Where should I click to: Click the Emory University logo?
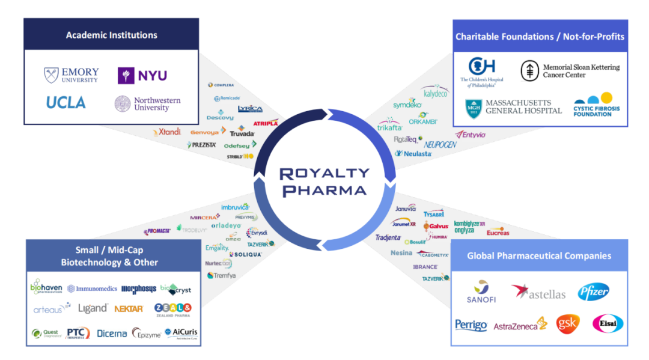[x=71, y=75]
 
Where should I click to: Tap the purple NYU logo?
[x=142, y=75]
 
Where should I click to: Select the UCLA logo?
[x=66, y=103]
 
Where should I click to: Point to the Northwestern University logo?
[x=147, y=104]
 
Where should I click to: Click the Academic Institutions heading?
[x=111, y=35]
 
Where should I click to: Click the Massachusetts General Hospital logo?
[x=513, y=108]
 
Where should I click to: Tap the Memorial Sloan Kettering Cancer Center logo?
[x=570, y=71]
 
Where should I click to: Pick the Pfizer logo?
[x=593, y=292]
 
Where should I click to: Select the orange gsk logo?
[x=567, y=323]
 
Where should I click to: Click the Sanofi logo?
[x=481, y=291]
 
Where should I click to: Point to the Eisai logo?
[x=608, y=324]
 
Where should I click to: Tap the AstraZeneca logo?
[x=520, y=325]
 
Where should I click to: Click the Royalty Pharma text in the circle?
[x=324, y=182]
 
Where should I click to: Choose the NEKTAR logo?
[x=129, y=308]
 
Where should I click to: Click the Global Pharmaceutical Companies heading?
[x=539, y=255]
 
